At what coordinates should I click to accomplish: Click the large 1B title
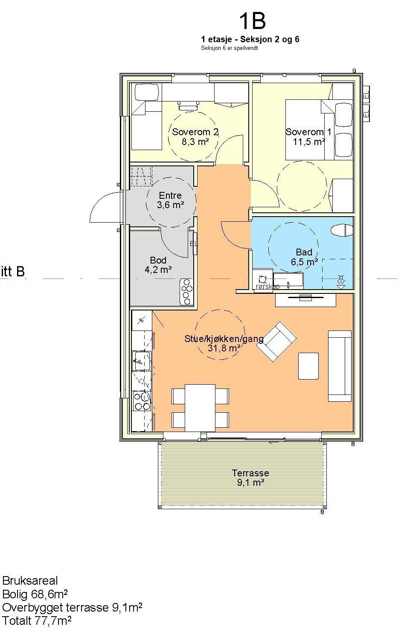click(x=252, y=22)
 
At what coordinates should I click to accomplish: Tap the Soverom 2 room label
click(x=195, y=132)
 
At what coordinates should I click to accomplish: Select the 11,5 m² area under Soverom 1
click(x=309, y=141)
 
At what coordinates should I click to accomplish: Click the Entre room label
click(x=170, y=195)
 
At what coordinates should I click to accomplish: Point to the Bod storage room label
click(x=158, y=260)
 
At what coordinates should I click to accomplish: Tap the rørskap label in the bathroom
click(x=268, y=287)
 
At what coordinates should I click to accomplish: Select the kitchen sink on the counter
click(x=142, y=361)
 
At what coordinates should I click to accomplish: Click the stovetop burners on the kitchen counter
click(x=142, y=401)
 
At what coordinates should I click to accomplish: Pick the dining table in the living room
click(x=200, y=408)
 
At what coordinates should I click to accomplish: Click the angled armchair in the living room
click(x=276, y=342)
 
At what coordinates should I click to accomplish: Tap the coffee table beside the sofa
click(x=308, y=366)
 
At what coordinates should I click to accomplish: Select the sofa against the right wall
click(x=340, y=366)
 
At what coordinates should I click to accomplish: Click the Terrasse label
click(x=250, y=473)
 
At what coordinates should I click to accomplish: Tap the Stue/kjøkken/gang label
click(x=224, y=338)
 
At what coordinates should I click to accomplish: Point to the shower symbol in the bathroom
click(x=341, y=281)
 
